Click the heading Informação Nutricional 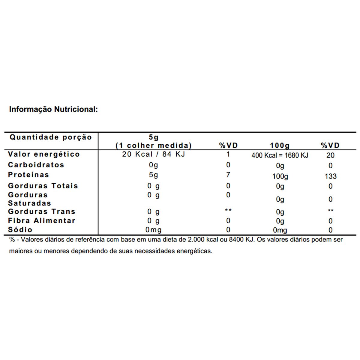(54, 109)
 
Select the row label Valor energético (44, 154)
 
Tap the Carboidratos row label (36, 165)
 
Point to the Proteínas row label (28, 175)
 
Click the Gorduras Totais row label (43, 186)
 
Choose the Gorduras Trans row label (42, 211)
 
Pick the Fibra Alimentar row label (42, 220)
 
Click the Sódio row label (20, 229)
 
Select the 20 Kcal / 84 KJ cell (154, 154)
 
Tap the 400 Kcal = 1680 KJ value (280, 155)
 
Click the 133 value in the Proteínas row (330, 176)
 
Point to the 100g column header (280, 146)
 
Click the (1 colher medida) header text (154, 145)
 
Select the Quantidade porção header (51, 137)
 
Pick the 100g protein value (280, 176)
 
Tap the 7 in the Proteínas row (228, 175)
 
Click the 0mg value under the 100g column (280, 230)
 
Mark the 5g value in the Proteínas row (154, 175)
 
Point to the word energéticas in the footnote (194, 251)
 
